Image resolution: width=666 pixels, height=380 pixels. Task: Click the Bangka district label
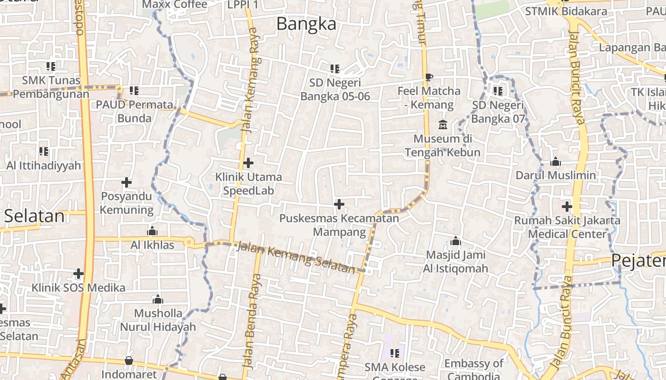pos(306,24)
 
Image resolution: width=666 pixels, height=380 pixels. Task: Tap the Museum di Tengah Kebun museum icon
pos(443,125)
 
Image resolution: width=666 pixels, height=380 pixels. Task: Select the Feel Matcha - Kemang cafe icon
pos(429,77)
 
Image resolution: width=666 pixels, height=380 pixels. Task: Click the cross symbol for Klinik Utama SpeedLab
pos(248,163)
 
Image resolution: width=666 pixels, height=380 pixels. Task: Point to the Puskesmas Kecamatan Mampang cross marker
pos(339,204)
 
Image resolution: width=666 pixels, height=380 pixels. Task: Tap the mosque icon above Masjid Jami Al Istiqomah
pos(455,241)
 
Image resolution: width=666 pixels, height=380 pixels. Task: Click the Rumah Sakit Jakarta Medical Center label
pos(568,227)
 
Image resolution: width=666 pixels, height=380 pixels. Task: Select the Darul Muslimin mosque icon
pos(555,162)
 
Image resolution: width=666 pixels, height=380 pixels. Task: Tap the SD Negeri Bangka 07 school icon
pos(498,91)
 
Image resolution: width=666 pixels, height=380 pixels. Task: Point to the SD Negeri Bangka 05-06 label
pos(335,89)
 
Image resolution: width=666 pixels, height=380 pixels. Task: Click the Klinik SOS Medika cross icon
pos(78,274)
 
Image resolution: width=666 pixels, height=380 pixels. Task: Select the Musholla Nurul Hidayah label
pos(157,320)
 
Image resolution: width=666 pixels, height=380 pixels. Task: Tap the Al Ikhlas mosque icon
pos(152,231)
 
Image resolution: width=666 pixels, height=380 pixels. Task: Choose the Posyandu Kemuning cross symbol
pos(126,182)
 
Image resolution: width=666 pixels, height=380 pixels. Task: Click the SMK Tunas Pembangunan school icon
pos(50,66)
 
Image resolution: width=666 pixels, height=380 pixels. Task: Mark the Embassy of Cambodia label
pos(473,370)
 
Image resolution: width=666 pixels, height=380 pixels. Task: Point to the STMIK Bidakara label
pos(566,11)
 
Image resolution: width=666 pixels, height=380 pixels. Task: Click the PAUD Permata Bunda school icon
pos(134,90)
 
